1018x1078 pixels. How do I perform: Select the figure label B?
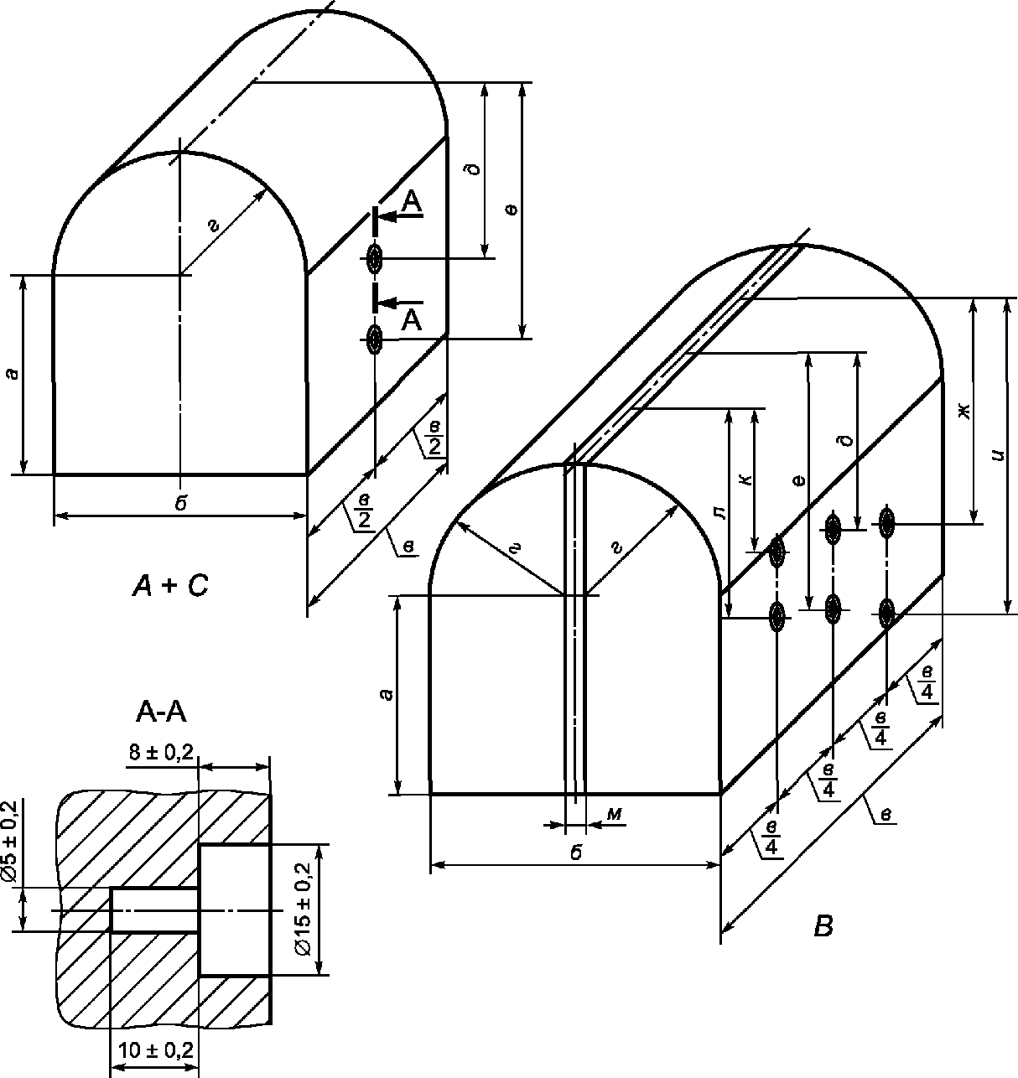click(823, 927)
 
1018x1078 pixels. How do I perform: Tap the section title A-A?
click(161, 713)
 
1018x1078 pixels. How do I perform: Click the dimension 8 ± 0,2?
click(162, 752)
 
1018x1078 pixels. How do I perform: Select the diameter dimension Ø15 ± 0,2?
click(304, 909)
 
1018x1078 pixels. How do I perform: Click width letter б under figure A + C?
click(180, 503)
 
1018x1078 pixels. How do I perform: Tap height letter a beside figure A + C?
click(11, 374)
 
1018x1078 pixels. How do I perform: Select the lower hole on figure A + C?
click(374, 338)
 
